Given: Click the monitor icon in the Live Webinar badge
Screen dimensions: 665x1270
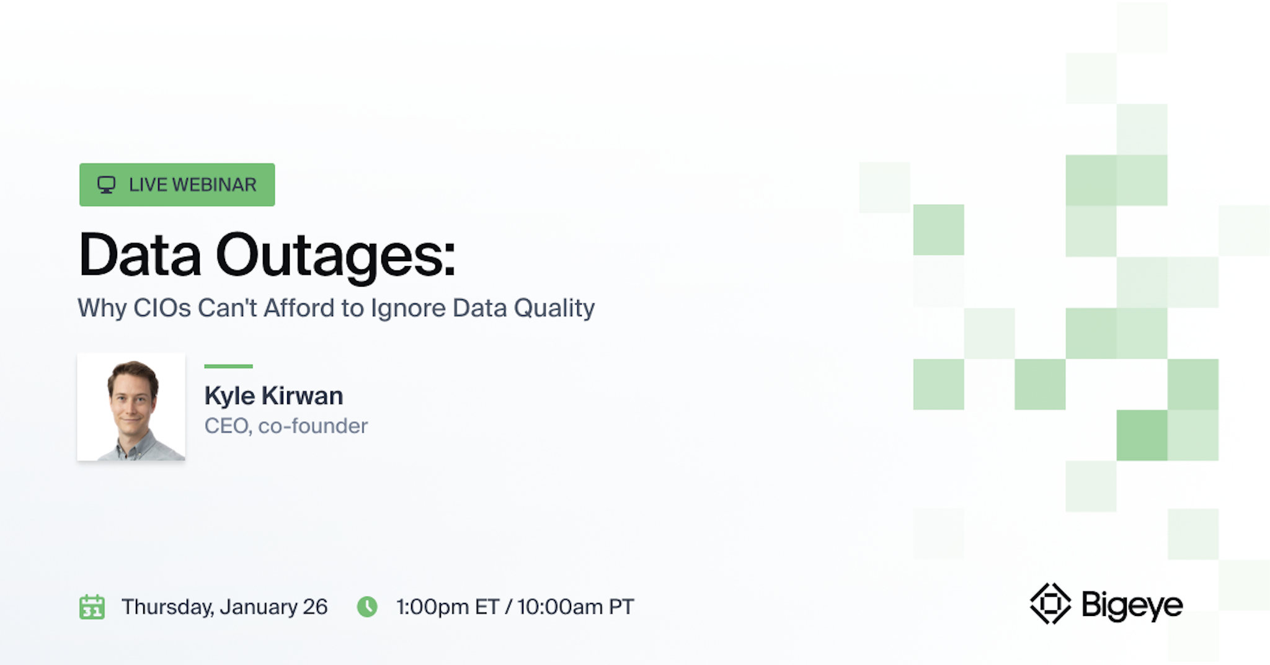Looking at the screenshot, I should [x=106, y=185].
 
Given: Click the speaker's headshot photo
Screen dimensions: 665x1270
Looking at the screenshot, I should [x=131, y=407].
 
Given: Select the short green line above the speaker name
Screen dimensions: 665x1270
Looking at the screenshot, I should [x=228, y=367].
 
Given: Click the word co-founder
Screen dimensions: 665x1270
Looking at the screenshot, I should [x=313, y=426].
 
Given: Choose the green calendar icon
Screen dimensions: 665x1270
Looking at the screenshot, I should [x=92, y=607].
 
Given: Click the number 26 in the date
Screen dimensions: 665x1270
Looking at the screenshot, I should [x=315, y=607].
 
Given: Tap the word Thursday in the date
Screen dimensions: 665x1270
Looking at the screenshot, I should [x=166, y=607].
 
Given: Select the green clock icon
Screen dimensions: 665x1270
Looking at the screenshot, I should [x=367, y=607].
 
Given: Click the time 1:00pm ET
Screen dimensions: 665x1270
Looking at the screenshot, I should [x=447, y=607].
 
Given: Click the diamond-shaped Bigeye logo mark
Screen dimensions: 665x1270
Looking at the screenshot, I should [x=1050, y=604].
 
